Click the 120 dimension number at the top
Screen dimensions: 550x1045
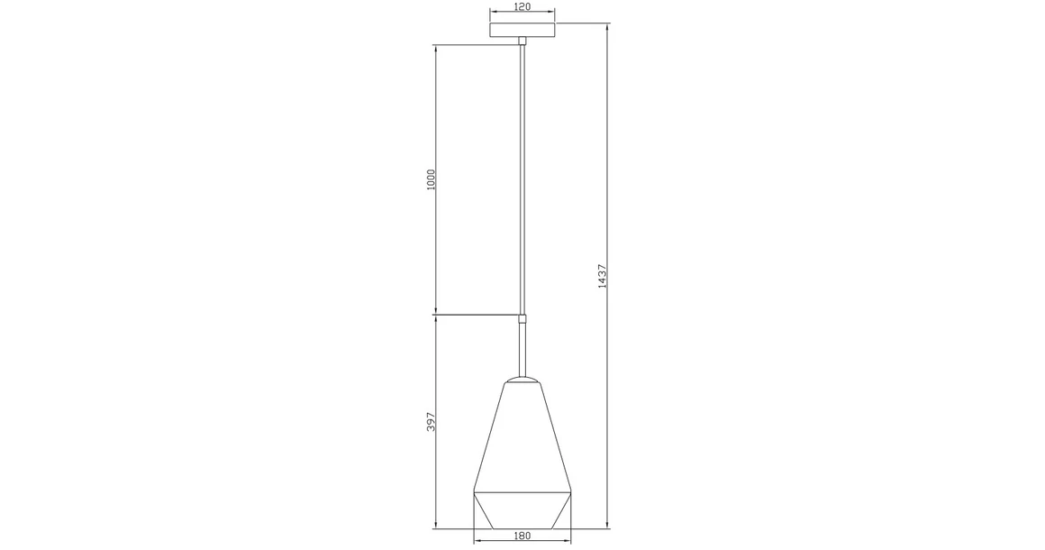pos(522,6)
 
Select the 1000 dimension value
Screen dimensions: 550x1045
pos(431,179)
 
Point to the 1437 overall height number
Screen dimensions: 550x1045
pos(602,275)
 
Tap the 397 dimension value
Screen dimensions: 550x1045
pos(431,421)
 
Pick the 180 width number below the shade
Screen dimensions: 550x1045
pos(522,536)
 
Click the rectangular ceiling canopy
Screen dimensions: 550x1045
pos(522,30)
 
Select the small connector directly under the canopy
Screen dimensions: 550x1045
pos(522,41)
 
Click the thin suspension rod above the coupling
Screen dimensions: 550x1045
pos(522,180)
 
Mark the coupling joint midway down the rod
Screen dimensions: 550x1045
pos(522,317)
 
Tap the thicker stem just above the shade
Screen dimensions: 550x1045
pos(522,348)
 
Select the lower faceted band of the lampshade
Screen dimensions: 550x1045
pos(522,510)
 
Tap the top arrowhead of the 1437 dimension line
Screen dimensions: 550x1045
pos(607,24)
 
